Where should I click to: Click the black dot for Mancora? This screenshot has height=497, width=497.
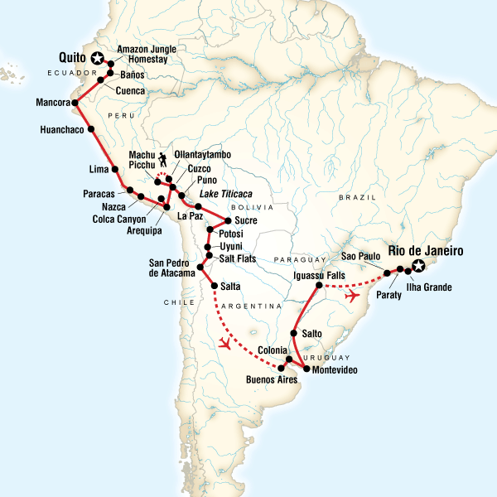pyautogui.click(x=74, y=104)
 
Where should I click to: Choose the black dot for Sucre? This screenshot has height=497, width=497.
pyautogui.click(x=226, y=220)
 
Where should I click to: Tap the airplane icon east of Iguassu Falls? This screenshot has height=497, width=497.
pyautogui.click(x=355, y=296)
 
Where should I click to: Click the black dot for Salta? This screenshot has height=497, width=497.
pyautogui.click(x=215, y=286)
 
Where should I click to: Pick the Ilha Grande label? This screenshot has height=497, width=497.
pyautogui.click(x=430, y=287)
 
